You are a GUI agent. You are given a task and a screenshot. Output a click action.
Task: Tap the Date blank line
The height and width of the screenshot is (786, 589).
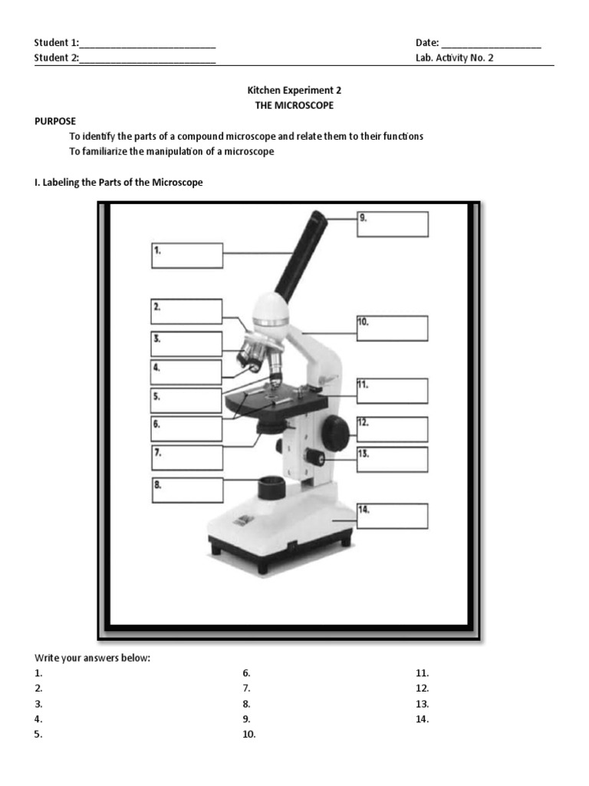click(x=491, y=44)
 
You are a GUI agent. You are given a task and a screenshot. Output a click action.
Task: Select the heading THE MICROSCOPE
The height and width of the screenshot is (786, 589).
click(x=294, y=105)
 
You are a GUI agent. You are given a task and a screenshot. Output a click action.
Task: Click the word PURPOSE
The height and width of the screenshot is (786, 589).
click(x=54, y=121)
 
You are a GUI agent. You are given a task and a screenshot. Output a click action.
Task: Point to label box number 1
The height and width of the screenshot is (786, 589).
click(x=187, y=256)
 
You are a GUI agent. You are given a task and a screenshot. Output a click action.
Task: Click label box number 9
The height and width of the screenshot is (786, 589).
click(x=392, y=224)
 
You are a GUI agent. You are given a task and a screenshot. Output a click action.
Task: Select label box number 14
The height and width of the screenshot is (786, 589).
click(x=392, y=516)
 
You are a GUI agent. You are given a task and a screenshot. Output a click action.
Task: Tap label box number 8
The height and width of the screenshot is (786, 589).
click(x=187, y=490)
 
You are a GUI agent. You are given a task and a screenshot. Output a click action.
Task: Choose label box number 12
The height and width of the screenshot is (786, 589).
click(x=392, y=429)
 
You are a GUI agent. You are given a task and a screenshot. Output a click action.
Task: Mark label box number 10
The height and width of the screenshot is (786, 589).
click(x=392, y=327)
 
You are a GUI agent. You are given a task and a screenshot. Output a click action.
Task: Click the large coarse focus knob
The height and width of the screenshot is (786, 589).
click(x=334, y=434)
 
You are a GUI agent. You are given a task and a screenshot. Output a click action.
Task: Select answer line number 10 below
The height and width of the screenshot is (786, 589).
click(x=248, y=735)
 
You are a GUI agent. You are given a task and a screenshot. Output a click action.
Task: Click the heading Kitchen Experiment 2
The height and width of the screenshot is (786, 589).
click(x=294, y=90)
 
